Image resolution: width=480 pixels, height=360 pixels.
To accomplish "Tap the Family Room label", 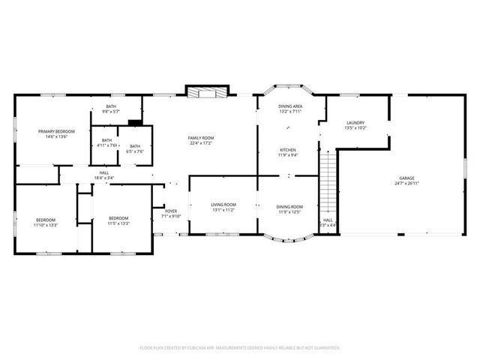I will point(201,138).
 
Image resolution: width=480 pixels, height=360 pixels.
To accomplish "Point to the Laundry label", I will point(355,123).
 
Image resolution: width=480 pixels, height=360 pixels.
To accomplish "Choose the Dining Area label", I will point(289,107).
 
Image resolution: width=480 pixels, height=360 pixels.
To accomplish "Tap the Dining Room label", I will point(289,206).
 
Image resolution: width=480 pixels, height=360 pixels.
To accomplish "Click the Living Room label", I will point(223,205).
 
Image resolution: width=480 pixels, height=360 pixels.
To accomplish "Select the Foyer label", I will point(171,211).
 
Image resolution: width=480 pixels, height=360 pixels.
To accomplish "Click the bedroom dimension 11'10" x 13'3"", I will point(45,224).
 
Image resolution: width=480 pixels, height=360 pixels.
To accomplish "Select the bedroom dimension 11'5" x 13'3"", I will point(118,224).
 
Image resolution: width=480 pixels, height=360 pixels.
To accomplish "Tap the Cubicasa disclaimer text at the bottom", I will point(240,348).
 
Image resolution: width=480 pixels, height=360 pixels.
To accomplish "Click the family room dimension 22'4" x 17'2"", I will point(201,143).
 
